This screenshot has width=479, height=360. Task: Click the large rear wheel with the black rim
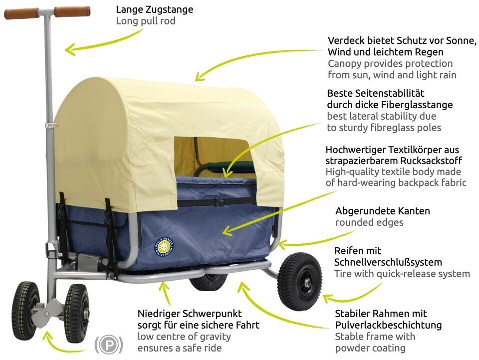(299, 281)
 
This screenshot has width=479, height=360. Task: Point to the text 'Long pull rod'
(146, 21)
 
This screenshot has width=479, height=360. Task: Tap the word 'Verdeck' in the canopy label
(345, 40)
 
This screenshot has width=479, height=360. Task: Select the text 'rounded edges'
(369, 222)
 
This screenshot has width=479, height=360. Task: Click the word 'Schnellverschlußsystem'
(388, 262)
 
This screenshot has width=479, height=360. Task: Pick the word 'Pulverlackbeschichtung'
(388, 325)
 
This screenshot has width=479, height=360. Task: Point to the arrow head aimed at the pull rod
(70, 49)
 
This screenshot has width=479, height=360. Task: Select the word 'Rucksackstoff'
(431, 161)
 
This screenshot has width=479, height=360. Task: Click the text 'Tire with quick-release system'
(402, 274)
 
